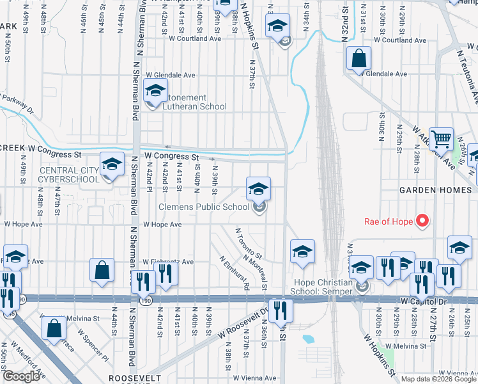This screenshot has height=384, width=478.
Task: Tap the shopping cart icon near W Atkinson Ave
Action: click(441, 138)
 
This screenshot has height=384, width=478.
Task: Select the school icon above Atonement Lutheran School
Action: click(155, 91)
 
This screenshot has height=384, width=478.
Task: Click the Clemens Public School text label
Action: click(204, 207)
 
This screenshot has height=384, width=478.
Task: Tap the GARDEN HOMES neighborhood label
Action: click(435, 190)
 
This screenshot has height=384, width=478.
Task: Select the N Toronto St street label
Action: click(249, 244)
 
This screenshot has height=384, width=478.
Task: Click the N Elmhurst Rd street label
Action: click(234, 273)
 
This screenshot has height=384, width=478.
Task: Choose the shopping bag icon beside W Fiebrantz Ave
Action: click(102, 270)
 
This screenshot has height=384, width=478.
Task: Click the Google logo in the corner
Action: click(21, 376)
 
